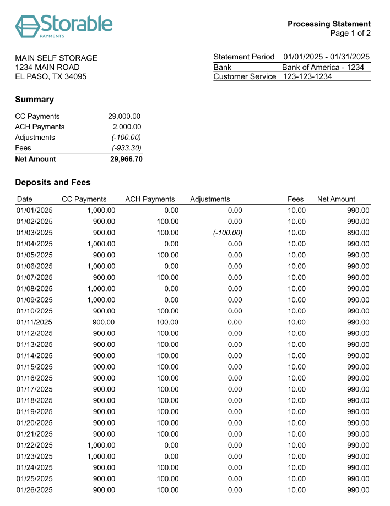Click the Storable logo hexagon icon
tap(27, 25)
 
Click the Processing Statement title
tap(329, 24)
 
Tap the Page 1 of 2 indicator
tap(350, 34)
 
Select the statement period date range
tap(326, 57)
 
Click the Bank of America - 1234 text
tap(323, 67)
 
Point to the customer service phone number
tap(307, 76)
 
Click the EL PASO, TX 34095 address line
tap(51, 76)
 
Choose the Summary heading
tap(34, 100)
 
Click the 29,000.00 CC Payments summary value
tap(124, 116)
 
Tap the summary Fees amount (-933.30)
tap(126, 148)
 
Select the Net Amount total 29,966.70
tap(126, 159)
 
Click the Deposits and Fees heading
tap(53, 182)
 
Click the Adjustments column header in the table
tap(210, 199)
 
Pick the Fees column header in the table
tap(295, 199)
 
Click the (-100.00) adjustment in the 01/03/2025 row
tap(227, 233)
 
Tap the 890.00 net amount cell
tap(358, 233)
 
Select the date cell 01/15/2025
tap(35, 367)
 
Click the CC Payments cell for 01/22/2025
tap(101, 445)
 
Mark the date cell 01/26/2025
tap(35, 490)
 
